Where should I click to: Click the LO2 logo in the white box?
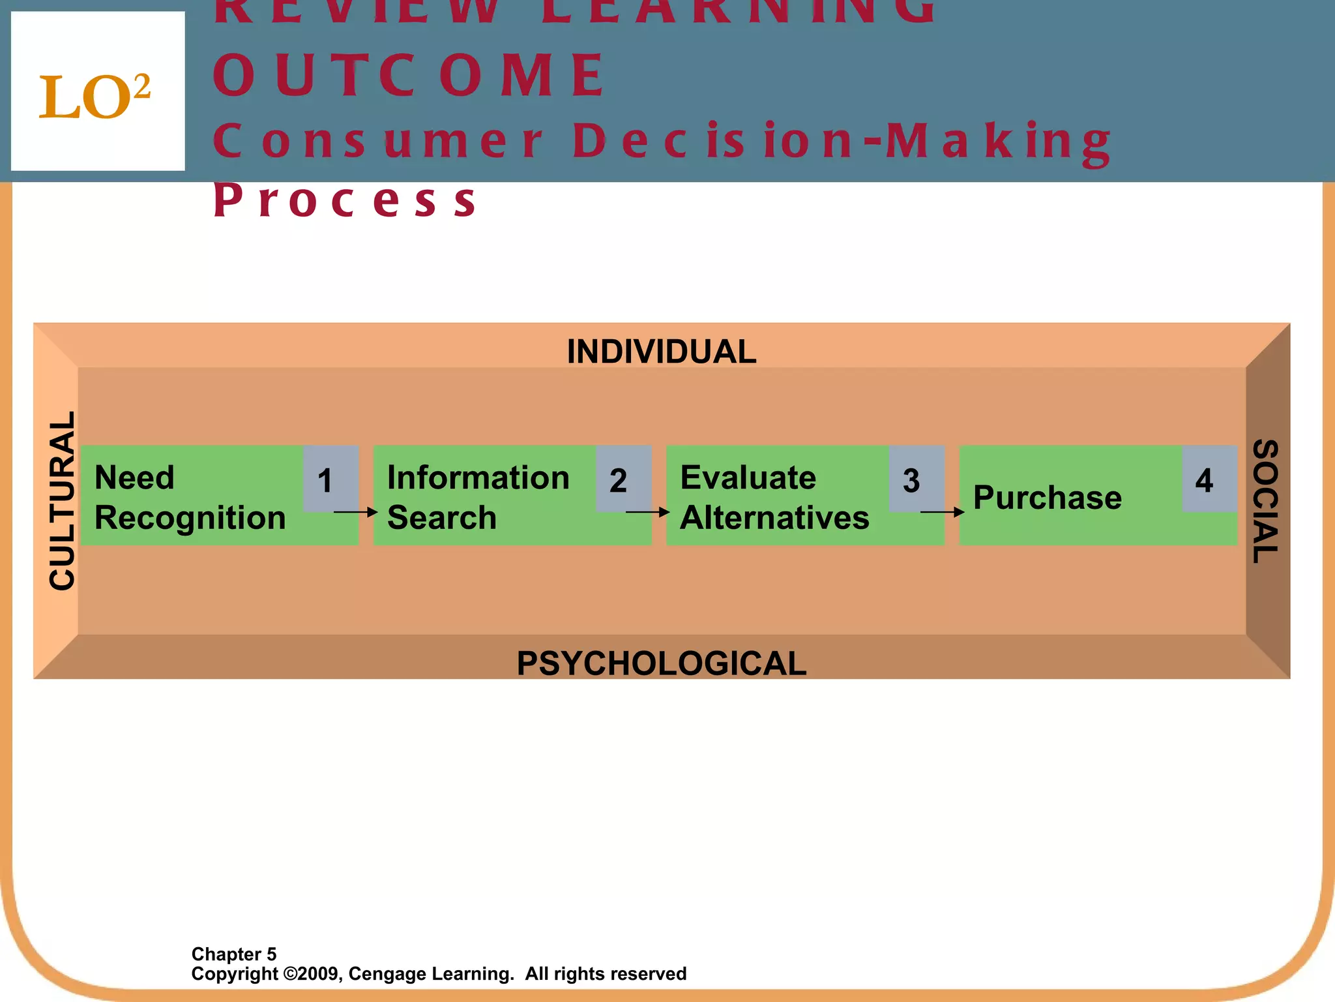95,97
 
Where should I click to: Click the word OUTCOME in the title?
409,76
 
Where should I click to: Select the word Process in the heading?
345,200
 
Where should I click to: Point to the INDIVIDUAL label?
661,352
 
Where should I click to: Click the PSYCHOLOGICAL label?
661,663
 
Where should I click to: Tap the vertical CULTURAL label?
63,501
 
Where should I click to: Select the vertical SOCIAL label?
1266,501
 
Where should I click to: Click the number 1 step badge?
325,481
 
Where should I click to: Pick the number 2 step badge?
618,481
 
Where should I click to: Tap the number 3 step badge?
911,481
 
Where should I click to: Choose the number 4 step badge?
1204,481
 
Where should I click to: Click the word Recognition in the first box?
190,518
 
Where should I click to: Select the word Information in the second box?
478,478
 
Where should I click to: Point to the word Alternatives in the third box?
774,518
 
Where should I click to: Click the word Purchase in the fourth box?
1048,498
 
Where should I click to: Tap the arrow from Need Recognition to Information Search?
356,512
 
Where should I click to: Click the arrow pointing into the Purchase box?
942,512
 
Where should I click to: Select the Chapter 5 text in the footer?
234,954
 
